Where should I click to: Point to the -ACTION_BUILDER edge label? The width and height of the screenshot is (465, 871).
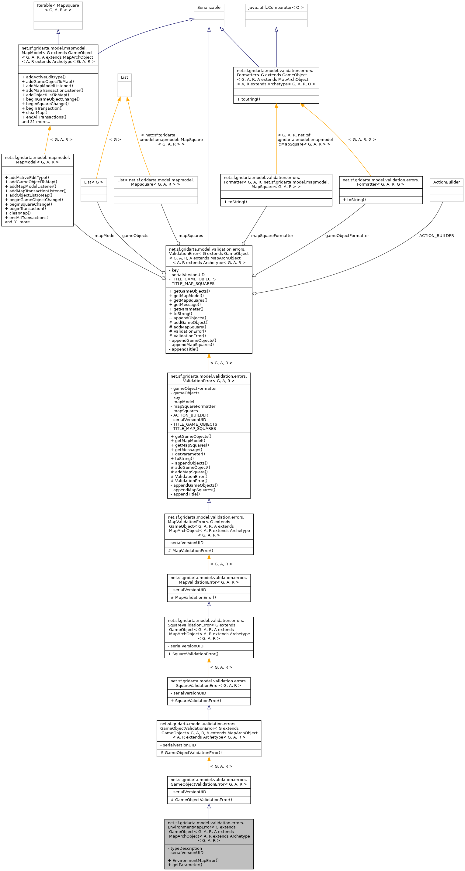pyautogui.click(x=436, y=236)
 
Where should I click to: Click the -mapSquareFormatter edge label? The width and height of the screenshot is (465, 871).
pyautogui.click(x=271, y=236)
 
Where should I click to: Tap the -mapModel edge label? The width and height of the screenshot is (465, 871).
pyautogui.click(x=104, y=236)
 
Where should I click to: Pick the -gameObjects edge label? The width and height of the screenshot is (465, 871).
pyautogui.click(x=134, y=236)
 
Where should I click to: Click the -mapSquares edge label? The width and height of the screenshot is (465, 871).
pyautogui.click(x=190, y=236)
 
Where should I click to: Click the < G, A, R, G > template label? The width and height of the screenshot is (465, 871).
pyautogui.click(x=362, y=140)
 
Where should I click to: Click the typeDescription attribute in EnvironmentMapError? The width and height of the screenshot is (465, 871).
pyautogui.click(x=186, y=848)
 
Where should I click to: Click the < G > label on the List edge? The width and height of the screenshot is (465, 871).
pyautogui.click(x=115, y=140)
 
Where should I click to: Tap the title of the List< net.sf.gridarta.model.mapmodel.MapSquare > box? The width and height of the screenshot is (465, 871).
pyautogui.click(x=156, y=182)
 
